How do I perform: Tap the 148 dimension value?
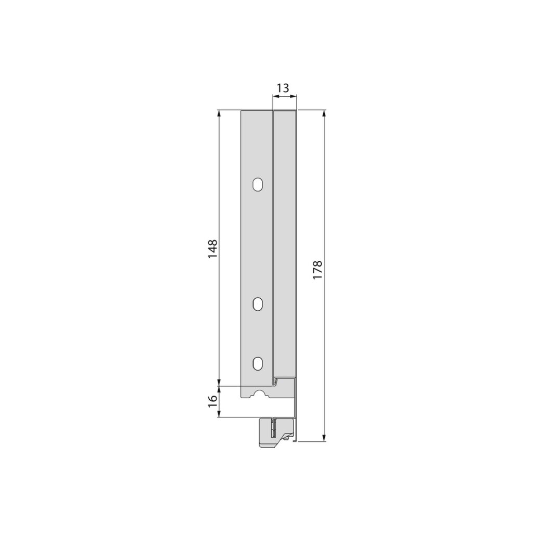point(212,249)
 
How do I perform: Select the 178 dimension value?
point(318,270)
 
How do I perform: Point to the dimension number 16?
point(212,401)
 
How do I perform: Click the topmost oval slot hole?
point(257,185)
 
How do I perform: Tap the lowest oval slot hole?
point(258,363)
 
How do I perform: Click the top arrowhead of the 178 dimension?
point(324,113)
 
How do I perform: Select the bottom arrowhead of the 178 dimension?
point(324,438)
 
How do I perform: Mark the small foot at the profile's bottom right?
point(295,441)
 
